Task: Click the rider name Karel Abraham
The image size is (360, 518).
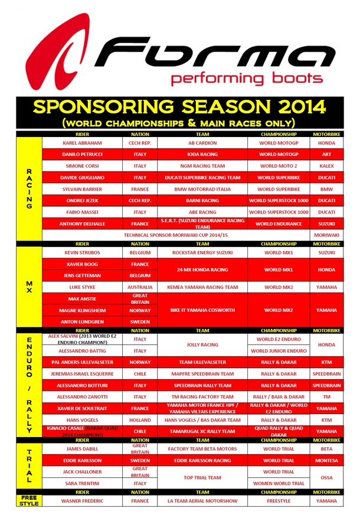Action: coord(82,143)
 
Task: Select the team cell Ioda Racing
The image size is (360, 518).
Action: coord(202,155)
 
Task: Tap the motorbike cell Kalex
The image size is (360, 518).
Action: coord(326,166)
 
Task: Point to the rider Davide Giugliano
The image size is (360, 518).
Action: coord(82,178)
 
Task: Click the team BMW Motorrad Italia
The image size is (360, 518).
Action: coord(202,189)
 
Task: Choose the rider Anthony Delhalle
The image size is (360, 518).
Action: coord(82,224)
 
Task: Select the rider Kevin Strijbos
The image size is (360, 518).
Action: coord(82,253)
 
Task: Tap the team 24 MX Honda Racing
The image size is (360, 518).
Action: coord(202,270)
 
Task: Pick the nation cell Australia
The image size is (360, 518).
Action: coord(140,287)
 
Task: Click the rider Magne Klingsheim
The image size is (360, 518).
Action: coord(82,310)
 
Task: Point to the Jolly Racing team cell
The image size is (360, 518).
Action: coord(202,345)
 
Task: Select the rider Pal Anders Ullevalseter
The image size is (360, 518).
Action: coord(82,362)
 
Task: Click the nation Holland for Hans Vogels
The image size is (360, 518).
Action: coord(140,420)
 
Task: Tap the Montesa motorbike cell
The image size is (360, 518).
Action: coord(326,460)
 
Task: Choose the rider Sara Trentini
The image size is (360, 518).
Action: coord(82,483)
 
